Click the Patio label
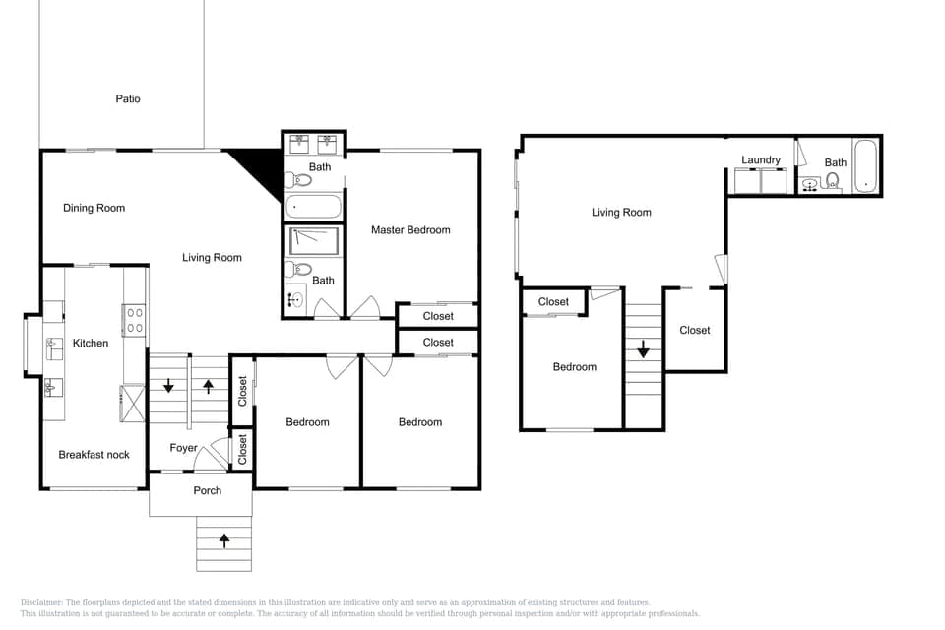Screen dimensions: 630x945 (x=127, y=98)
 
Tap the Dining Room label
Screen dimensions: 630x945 (x=94, y=208)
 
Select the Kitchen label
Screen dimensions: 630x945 (x=91, y=343)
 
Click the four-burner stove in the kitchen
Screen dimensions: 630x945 (x=135, y=320)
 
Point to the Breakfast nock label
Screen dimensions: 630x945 (x=94, y=454)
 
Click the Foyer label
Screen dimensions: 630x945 (x=183, y=448)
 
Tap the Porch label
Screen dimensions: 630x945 (x=207, y=490)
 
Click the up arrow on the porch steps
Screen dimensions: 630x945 (x=224, y=539)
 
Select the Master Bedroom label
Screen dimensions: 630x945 (x=410, y=229)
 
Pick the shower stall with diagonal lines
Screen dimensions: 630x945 (x=313, y=240)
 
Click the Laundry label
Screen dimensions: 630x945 (x=761, y=159)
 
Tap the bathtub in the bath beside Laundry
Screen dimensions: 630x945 (x=864, y=165)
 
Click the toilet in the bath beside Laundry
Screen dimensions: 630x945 (x=833, y=180)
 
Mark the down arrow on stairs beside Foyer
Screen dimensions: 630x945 (x=168, y=385)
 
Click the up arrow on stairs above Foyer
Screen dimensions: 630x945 (x=208, y=385)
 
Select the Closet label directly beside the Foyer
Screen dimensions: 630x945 (x=242, y=449)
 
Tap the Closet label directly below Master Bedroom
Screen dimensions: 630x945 (x=438, y=316)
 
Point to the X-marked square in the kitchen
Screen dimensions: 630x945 (x=132, y=404)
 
